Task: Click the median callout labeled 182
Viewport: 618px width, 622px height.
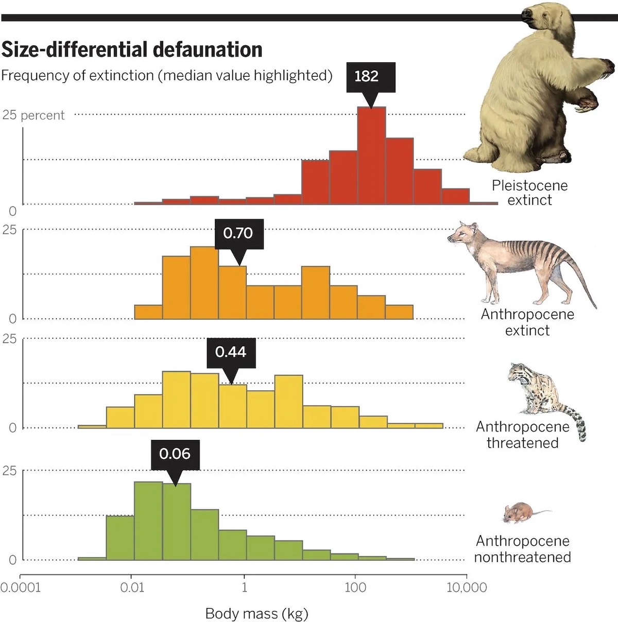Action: (x=367, y=77)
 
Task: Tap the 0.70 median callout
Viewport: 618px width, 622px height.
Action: (x=238, y=234)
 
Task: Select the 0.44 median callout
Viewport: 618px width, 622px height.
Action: (x=231, y=352)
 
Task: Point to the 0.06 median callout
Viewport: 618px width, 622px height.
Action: (x=175, y=454)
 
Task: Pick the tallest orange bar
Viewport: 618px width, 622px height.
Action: (x=204, y=283)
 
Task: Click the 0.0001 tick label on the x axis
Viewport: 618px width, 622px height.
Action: (x=20, y=588)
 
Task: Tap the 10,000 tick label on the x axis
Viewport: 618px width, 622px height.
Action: (x=466, y=588)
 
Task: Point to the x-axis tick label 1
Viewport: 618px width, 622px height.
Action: (x=244, y=588)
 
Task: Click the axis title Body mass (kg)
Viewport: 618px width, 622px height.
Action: (x=256, y=613)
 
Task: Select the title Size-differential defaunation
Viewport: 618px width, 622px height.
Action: (x=132, y=49)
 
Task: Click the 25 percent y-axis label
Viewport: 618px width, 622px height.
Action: (x=33, y=115)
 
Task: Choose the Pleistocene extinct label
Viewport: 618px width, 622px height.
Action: (x=529, y=193)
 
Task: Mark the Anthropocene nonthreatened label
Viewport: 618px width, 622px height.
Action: (x=522, y=549)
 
